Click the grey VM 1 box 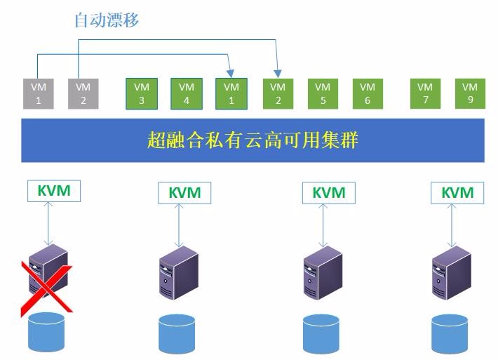39,94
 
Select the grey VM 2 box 83,94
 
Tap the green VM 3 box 142,94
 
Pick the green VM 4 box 187,94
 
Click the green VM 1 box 231,94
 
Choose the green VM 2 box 278,94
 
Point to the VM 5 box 323,94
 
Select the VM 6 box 368,94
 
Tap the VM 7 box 425,93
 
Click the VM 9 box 470,93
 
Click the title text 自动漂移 107,20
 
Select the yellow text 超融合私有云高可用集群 253,140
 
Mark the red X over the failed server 47,288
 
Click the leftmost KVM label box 54,191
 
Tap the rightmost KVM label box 457,192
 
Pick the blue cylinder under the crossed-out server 46,332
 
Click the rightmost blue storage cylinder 450,334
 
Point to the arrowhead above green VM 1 231,74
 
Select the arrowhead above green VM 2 278,74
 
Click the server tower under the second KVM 179,272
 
